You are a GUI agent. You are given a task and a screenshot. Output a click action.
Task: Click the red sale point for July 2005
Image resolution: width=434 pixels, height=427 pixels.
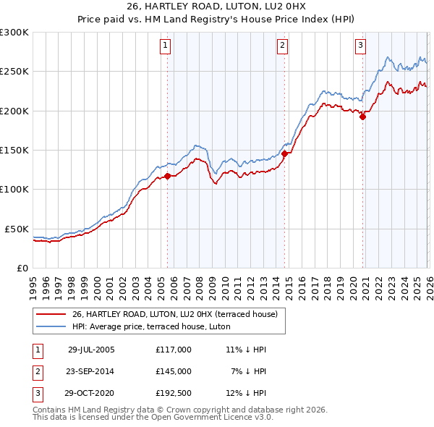click(x=167, y=176)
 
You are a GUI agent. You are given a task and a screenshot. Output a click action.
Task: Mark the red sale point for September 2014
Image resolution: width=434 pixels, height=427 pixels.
click(x=285, y=153)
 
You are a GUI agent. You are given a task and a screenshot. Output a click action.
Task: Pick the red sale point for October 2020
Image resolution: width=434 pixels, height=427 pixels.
click(x=362, y=117)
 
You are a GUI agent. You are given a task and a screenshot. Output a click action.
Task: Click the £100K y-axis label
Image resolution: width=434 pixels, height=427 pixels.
click(x=14, y=189)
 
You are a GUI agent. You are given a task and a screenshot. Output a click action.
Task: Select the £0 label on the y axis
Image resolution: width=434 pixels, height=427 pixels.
click(x=22, y=268)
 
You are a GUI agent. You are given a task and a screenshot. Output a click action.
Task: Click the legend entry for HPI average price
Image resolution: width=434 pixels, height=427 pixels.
click(x=150, y=326)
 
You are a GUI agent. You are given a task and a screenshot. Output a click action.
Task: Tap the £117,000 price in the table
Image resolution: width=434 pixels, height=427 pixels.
click(x=174, y=350)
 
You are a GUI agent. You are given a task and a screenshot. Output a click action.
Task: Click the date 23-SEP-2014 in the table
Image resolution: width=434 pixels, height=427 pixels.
click(x=91, y=371)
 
